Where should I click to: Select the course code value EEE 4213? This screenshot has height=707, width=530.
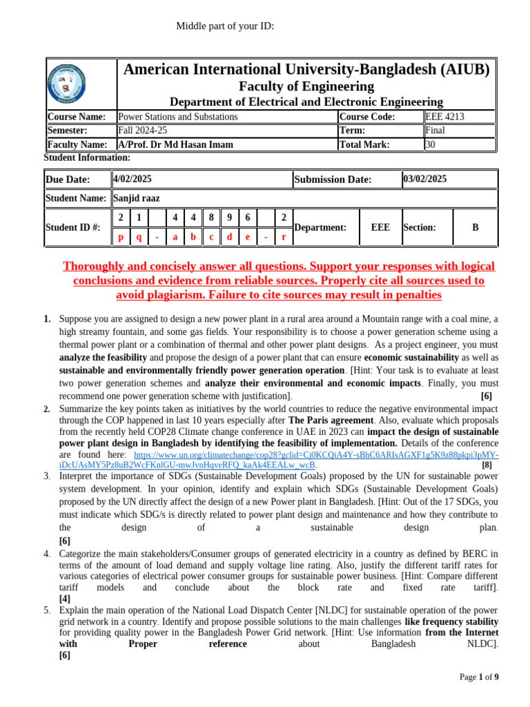[x=445, y=117]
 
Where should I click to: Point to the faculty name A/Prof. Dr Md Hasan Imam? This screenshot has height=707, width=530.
[x=175, y=144]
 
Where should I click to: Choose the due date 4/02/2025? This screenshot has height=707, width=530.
[x=132, y=179]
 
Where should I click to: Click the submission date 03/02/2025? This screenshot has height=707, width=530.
[x=425, y=179]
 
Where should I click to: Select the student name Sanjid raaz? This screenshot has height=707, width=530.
[x=137, y=198]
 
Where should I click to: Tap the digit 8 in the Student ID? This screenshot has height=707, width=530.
[x=211, y=217]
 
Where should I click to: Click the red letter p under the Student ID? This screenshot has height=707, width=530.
[x=121, y=236]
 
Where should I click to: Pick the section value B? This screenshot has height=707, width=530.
[x=475, y=227]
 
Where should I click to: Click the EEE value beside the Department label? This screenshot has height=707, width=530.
[x=380, y=227]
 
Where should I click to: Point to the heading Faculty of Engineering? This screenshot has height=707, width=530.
[x=306, y=86]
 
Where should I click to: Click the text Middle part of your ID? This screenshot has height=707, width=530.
[x=225, y=26]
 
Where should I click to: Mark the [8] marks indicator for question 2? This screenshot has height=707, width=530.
[x=487, y=465]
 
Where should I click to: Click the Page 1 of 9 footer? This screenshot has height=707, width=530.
[x=479, y=677]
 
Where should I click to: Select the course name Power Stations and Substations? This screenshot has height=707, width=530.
[x=178, y=117]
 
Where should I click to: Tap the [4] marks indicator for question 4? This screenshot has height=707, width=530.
[x=64, y=599]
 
